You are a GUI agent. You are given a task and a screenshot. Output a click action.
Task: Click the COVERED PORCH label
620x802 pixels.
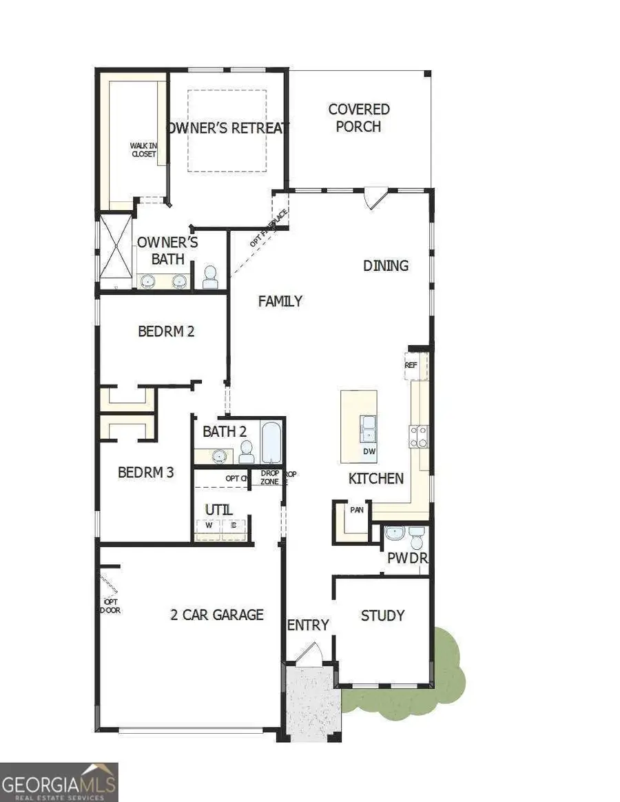click(x=359, y=118)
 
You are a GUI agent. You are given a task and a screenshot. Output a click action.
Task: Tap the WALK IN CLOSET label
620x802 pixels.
click(x=144, y=150)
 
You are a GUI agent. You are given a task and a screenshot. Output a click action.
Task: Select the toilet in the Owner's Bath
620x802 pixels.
click(x=210, y=277)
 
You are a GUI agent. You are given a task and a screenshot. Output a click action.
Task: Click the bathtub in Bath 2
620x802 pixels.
click(x=271, y=442)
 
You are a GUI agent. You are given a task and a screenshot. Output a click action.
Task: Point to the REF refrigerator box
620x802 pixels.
click(x=411, y=365)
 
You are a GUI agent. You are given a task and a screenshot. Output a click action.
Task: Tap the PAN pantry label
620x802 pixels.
click(x=357, y=511)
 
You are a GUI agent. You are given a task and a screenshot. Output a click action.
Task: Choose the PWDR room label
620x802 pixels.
click(x=407, y=558)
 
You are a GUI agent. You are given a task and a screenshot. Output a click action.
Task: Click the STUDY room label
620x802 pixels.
click(x=382, y=615)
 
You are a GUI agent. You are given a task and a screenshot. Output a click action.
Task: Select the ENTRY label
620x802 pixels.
click(x=308, y=625)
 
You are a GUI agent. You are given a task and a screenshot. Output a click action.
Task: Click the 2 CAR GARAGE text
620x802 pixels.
click(x=217, y=615)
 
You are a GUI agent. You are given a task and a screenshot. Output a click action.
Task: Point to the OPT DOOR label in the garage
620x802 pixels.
click(x=110, y=606)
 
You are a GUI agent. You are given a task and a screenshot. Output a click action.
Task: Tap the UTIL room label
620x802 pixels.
click(x=218, y=510)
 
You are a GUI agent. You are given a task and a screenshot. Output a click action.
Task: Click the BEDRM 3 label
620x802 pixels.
click(x=145, y=473)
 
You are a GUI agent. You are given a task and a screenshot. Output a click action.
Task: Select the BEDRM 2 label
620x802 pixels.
click(x=166, y=331)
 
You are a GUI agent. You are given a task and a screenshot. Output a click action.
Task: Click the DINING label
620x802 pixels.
click(x=386, y=265)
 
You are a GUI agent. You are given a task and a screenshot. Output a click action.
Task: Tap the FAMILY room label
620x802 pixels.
click(x=280, y=301)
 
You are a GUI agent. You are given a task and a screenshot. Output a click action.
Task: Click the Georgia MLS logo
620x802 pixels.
click(x=59, y=782)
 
